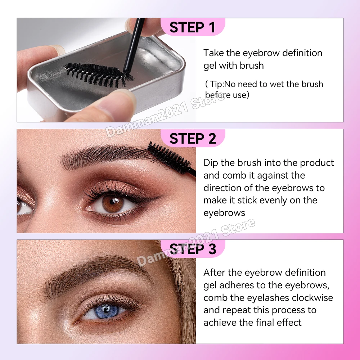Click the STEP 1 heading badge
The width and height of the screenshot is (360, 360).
click(192, 27)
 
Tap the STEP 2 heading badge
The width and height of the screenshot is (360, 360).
click(192, 138)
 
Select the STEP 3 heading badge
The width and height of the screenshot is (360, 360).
click(192, 249)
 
